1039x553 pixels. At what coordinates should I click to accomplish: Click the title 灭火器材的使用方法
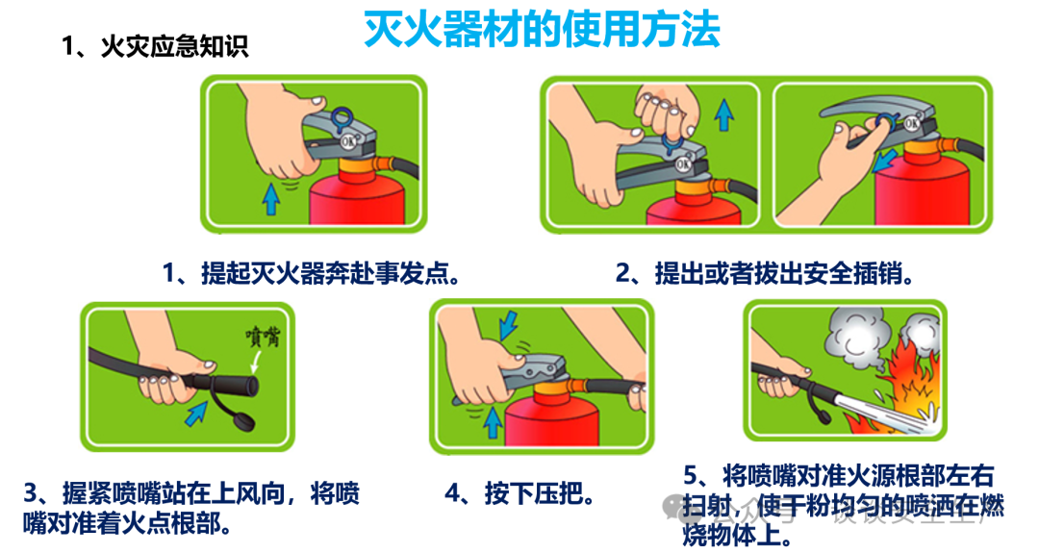[x=542, y=31]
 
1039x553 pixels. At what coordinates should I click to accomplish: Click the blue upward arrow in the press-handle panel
[x=493, y=420]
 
